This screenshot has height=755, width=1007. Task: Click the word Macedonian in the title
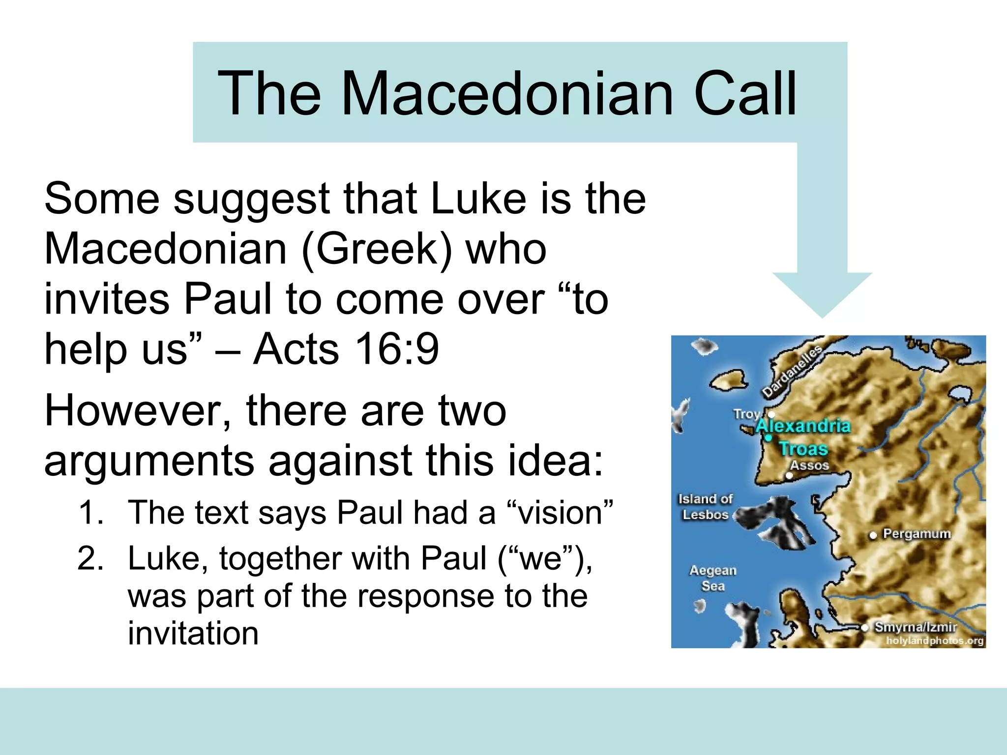tap(506, 93)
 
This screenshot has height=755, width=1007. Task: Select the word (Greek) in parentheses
tap(376, 249)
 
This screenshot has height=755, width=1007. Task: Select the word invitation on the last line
tap(193, 633)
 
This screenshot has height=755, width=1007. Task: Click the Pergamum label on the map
tap(917, 534)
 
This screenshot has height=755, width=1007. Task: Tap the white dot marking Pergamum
tap(873, 535)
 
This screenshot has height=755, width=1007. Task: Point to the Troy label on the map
tap(746, 414)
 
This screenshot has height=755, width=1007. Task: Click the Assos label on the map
tap(809, 465)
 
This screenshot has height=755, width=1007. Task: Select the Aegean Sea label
tap(713, 578)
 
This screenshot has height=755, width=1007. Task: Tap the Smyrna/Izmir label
tap(916, 627)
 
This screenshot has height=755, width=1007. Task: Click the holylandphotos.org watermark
tap(934, 640)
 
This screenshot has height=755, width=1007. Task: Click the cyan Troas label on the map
tap(803, 448)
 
